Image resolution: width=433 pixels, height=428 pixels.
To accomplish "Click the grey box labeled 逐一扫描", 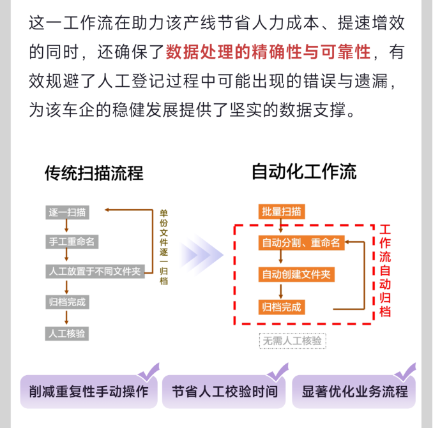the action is pyautogui.click(x=68, y=212).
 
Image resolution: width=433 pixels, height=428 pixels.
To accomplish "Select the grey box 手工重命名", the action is pyautogui.click(x=72, y=242).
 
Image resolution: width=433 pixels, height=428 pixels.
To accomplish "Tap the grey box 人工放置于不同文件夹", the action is pyautogui.click(x=95, y=271).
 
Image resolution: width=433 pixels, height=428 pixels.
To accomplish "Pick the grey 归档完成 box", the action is pyautogui.click(x=68, y=302).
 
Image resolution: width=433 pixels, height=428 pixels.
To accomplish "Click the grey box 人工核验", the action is pyautogui.click(x=67, y=334).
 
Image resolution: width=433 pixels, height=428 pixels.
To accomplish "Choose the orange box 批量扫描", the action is pyautogui.click(x=282, y=212).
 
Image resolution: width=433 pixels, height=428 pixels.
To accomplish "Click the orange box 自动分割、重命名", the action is pyautogui.click(x=301, y=242).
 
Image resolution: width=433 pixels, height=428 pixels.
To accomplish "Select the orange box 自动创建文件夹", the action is pyautogui.click(x=296, y=274).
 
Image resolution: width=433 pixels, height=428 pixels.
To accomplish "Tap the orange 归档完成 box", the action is pyautogui.click(x=282, y=307).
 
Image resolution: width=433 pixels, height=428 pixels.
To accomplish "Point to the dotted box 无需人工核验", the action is pyautogui.click(x=292, y=341).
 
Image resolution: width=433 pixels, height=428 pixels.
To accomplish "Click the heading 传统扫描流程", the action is pyautogui.click(x=94, y=173).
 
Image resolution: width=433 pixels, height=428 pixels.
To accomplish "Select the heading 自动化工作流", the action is pyautogui.click(x=304, y=172).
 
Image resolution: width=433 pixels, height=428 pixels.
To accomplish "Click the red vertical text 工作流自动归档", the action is pyautogui.click(x=385, y=270).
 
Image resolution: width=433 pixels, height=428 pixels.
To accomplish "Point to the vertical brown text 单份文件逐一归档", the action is pyautogui.click(x=163, y=247).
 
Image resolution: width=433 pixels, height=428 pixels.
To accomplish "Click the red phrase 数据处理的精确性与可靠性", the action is pyautogui.click(x=268, y=52).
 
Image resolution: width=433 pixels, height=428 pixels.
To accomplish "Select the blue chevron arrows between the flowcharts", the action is pyautogui.click(x=201, y=255).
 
